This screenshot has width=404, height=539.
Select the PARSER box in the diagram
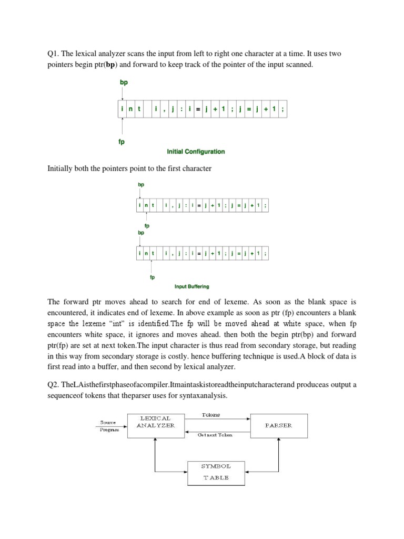click(279, 425)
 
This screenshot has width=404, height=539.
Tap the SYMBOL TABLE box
click(215, 472)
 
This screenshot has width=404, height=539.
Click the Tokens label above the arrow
click(210, 415)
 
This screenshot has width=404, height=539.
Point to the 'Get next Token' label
click(215, 435)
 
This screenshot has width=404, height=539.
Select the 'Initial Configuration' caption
click(196, 152)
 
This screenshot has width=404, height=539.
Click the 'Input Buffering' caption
click(191, 286)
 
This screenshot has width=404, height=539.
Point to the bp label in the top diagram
click(124, 83)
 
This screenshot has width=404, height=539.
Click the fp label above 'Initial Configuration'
click(122, 142)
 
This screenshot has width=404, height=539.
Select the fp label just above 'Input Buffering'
click(152, 277)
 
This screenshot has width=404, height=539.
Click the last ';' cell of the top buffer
click(284, 109)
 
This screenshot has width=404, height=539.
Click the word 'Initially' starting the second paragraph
click(62, 168)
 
